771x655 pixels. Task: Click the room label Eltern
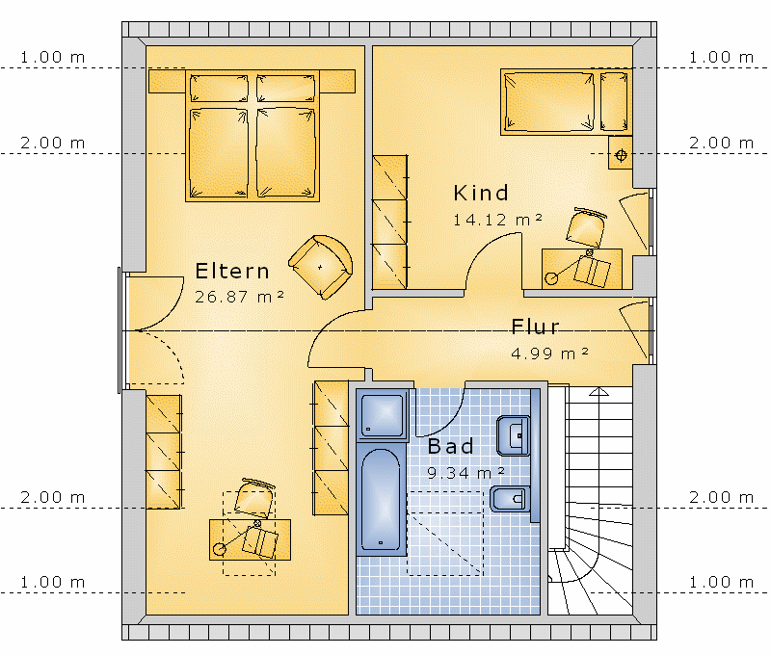(x=232, y=271)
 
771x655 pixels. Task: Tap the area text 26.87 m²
(x=239, y=297)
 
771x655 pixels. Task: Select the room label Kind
(x=481, y=193)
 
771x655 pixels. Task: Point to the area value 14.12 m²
(x=497, y=220)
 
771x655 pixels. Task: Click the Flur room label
(x=535, y=327)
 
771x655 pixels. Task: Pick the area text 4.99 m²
(x=549, y=353)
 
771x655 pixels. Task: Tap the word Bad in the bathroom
(x=450, y=446)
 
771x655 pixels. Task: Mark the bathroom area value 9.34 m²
(x=465, y=473)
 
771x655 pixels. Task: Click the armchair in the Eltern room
(x=321, y=267)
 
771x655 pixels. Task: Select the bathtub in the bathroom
(x=381, y=499)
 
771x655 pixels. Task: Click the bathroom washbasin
(x=514, y=435)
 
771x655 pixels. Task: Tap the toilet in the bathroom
(x=511, y=499)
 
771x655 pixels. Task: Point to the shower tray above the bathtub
(x=382, y=414)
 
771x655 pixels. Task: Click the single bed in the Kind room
(x=567, y=102)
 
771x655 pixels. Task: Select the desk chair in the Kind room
(x=586, y=228)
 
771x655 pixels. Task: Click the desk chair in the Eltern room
(x=254, y=498)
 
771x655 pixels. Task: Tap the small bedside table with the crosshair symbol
(x=621, y=153)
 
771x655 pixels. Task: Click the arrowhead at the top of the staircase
(x=598, y=392)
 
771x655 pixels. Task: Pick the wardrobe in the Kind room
(x=390, y=222)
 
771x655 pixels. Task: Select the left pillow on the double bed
(x=220, y=89)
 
